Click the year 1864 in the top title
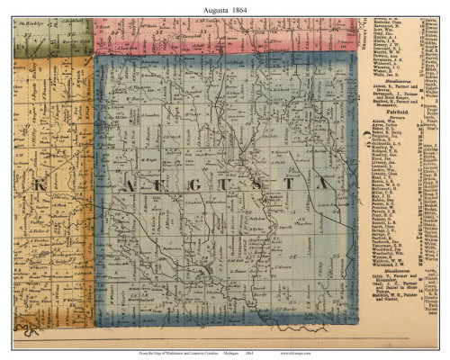click(x=240, y=7)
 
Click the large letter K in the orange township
click(x=40, y=184)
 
